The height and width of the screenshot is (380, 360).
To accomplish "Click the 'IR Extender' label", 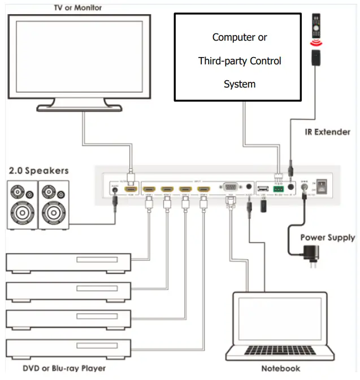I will pos(327,132).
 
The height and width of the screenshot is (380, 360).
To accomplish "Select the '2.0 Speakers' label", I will pos(38,170).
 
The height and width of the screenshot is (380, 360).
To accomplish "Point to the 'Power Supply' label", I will pos(327,237).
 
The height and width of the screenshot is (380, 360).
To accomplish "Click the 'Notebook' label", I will pos(280,369).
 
